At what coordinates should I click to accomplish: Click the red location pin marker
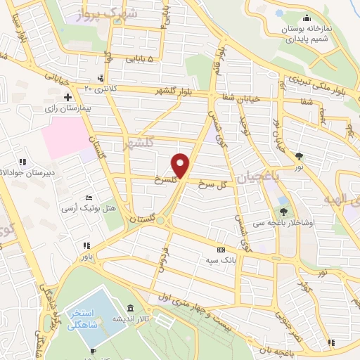181,165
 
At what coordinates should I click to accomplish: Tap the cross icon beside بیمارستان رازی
67,96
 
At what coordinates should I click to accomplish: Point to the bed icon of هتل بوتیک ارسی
89,198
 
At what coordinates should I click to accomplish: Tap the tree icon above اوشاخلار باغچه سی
283,210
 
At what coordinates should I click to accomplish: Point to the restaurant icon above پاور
86,245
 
